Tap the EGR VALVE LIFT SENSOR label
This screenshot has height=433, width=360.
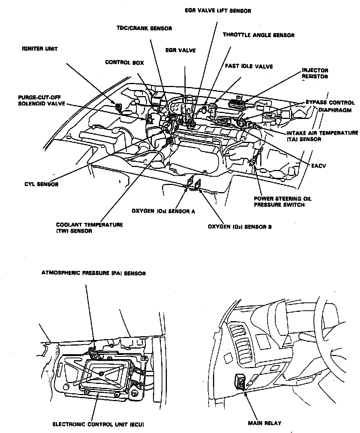[218, 11]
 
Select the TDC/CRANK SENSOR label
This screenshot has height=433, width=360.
[144, 29]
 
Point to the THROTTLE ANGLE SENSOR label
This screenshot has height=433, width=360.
[258, 35]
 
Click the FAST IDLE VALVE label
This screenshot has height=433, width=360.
[249, 66]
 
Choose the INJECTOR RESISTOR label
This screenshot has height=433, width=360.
[315, 73]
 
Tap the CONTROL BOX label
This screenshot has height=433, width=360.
[124, 62]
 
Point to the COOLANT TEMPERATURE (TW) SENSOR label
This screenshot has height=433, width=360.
[89, 228]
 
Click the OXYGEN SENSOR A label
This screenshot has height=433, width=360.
[163, 211]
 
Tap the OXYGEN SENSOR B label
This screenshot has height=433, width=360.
[240, 227]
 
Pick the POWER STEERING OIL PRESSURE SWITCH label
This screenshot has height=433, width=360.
[282, 202]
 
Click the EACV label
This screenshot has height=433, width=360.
[313, 165]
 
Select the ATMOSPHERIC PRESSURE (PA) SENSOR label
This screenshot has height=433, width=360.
[93, 274]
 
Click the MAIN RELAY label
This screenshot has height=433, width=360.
[264, 423]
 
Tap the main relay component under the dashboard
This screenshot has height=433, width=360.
[240, 382]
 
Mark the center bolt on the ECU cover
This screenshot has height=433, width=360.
[102, 373]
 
